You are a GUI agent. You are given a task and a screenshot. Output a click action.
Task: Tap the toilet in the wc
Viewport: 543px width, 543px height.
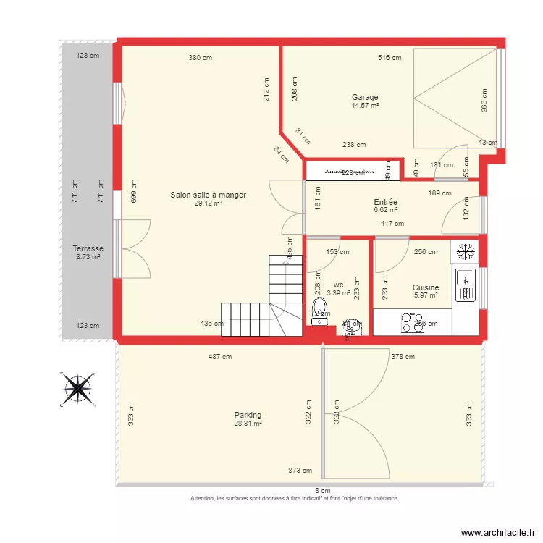(x=319, y=308)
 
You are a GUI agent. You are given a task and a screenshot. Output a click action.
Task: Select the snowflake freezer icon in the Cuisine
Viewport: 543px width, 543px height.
(x=463, y=252)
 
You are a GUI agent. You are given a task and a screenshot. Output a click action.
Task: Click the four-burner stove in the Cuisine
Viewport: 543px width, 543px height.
(x=413, y=323)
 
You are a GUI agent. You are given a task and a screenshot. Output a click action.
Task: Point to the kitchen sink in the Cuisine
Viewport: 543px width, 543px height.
(x=463, y=285)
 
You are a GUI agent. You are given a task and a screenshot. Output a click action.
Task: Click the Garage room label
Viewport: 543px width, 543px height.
(x=365, y=97)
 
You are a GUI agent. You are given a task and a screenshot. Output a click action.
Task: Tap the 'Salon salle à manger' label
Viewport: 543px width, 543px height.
(x=209, y=195)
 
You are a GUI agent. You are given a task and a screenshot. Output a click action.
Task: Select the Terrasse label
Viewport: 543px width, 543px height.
(x=88, y=248)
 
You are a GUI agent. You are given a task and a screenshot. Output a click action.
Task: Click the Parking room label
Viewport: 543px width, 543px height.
(x=248, y=415)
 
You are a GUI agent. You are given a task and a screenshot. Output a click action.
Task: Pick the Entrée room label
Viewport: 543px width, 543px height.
(x=385, y=202)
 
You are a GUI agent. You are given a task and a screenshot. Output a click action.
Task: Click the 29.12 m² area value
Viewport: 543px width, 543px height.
(x=209, y=203)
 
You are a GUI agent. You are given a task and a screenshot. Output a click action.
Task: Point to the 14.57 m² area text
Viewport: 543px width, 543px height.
(x=366, y=106)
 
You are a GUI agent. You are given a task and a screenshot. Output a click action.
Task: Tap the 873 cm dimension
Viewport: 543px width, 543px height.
(x=300, y=471)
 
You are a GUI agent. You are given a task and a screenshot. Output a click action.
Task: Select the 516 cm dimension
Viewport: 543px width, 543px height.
(x=390, y=58)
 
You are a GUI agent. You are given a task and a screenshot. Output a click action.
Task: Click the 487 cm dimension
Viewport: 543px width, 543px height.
(x=220, y=356)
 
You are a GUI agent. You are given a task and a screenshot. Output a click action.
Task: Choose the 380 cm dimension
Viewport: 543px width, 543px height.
(x=201, y=58)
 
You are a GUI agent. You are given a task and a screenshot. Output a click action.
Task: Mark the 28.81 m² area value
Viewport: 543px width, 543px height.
(x=248, y=424)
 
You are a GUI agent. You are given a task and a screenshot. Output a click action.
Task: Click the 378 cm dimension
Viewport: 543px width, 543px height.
(x=403, y=356)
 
